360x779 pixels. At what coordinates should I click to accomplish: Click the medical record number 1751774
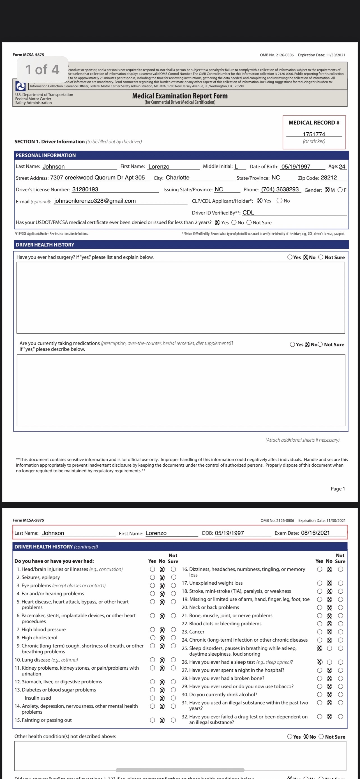pos(314,134)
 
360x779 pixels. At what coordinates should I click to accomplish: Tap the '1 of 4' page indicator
pos(42,70)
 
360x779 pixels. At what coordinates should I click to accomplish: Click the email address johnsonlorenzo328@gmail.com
pos(95,201)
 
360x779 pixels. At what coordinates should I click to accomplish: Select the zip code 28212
pos(329,178)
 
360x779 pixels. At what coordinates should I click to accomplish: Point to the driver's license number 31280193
pos(85,189)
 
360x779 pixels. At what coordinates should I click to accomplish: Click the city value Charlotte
pos(177,178)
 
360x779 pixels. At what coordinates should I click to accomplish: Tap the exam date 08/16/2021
pos(315,533)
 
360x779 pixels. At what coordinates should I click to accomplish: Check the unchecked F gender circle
pos(340,190)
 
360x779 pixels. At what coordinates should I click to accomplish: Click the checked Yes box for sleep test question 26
pos(320,662)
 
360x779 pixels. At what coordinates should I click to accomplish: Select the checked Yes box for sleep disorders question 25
pos(320,648)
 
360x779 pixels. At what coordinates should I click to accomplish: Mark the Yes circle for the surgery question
pos(290,257)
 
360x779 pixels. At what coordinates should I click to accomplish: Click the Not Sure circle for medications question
pos(320,344)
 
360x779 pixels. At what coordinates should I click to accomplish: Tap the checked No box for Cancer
pos(329,632)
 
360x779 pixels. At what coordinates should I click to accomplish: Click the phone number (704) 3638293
pos(280,189)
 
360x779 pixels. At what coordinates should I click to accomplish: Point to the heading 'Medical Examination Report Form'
pos(180,96)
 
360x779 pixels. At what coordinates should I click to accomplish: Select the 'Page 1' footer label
pos(338,489)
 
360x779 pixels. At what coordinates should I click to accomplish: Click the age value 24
pos(342,166)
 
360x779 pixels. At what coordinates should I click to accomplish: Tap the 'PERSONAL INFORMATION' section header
pos(46,155)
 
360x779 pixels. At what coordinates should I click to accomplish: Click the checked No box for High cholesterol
pos(162,638)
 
